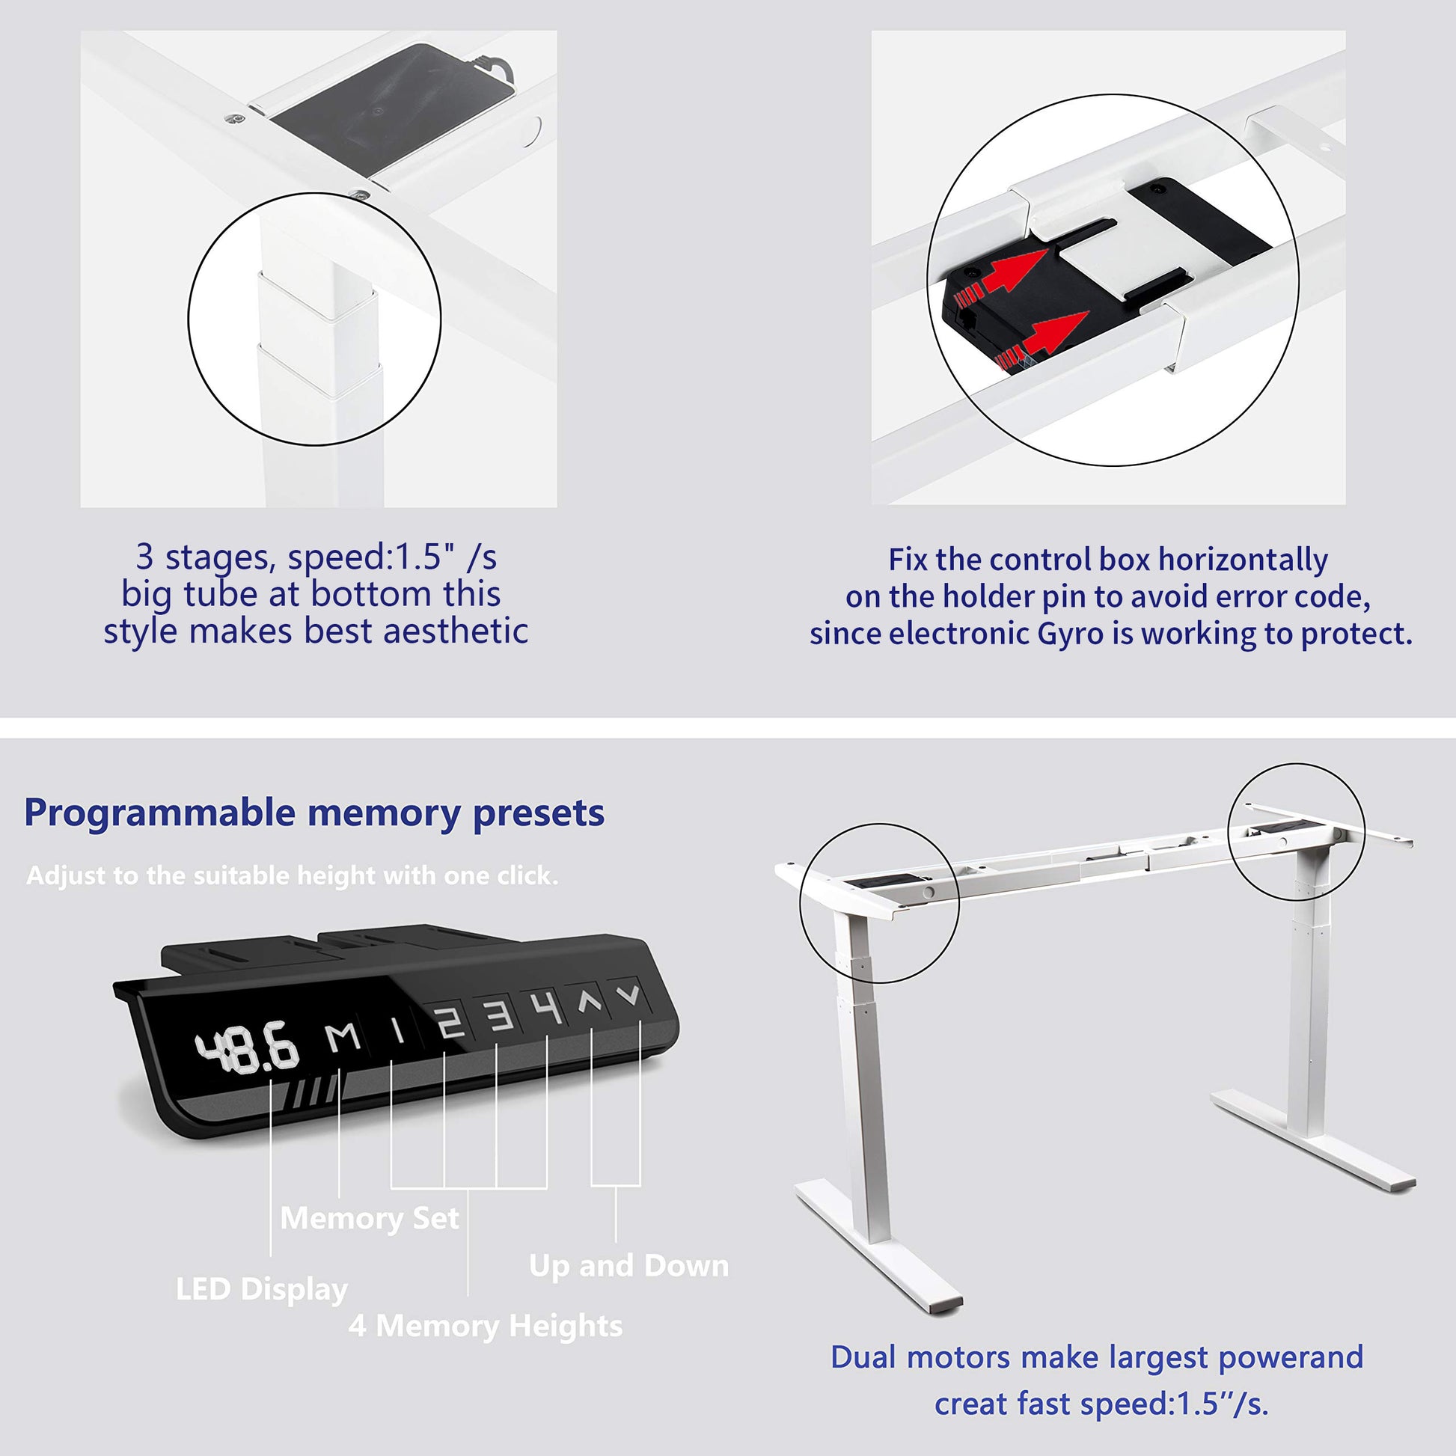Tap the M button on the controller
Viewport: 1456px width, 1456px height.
pos(343,1038)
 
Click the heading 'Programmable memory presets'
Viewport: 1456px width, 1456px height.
pos(314,814)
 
